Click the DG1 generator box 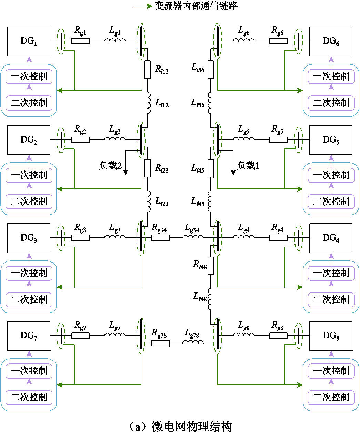[x=29, y=41]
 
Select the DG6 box [x=331, y=41]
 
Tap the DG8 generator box [x=331, y=336]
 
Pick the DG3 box [x=29, y=238]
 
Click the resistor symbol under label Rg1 [x=81, y=41]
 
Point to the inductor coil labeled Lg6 [x=244, y=40]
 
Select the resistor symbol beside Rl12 [x=148, y=69]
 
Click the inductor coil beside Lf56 [x=210, y=103]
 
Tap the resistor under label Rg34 [x=161, y=238]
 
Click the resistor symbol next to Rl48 [x=211, y=266]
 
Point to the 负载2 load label [x=110, y=165]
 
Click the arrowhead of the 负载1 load [x=233, y=173]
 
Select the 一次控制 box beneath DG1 [x=29, y=76]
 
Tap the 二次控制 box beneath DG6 [x=331, y=103]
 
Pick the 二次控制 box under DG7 [x=29, y=397]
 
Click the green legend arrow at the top [x=143, y=6]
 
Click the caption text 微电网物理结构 [x=192, y=426]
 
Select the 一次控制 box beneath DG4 [x=331, y=273]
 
